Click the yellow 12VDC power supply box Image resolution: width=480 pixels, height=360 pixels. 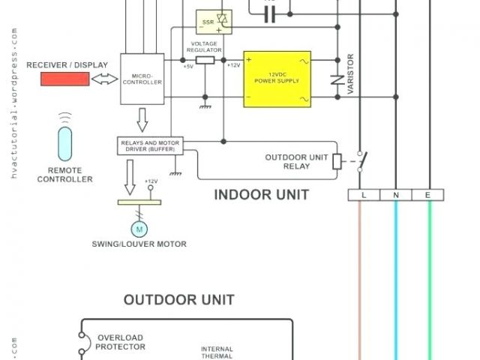click(x=277, y=79)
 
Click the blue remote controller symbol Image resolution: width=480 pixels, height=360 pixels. click(x=66, y=144)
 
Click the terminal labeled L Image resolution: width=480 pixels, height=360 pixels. click(x=364, y=195)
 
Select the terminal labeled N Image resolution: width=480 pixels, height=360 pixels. click(x=396, y=195)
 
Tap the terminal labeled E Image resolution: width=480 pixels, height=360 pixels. click(x=428, y=195)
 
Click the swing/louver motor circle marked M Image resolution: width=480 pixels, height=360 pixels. click(x=140, y=226)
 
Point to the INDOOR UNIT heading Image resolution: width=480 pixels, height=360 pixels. click(x=261, y=195)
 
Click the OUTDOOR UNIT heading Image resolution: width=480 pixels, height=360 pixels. click(x=179, y=300)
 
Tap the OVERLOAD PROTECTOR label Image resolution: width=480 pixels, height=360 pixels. click(x=121, y=342)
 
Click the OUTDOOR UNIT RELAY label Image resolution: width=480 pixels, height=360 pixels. click(x=296, y=161)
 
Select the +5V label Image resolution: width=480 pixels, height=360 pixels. click(x=187, y=66)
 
